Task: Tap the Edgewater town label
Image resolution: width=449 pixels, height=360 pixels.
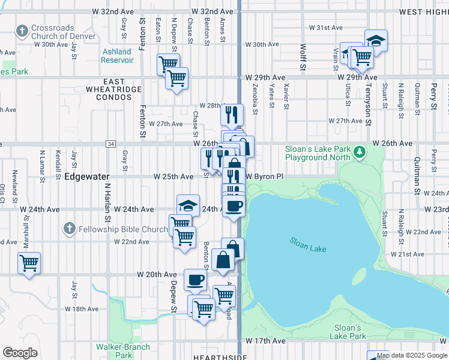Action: pyautogui.click(x=86, y=177)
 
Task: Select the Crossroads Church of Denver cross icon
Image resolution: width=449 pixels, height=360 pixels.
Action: pyautogui.click(x=22, y=31)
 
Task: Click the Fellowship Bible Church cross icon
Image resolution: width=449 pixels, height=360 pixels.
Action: pyautogui.click(x=70, y=229)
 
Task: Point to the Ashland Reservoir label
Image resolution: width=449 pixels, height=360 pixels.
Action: pyautogui.click(x=117, y=56)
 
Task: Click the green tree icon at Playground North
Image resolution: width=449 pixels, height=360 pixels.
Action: pyautogui.click(x=360, y=152)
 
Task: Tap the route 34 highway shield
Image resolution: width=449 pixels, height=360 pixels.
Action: pyautogui.click(x=110, y=144)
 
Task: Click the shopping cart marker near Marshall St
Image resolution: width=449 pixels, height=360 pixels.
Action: pyautogui.click(x=29, y=262)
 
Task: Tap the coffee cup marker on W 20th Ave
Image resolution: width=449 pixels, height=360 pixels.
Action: pyautogui.click(x=195, y=279)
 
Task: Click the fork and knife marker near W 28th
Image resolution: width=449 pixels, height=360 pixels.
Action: pyautogui.click(x=232, y=113)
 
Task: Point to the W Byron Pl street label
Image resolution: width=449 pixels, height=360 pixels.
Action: pyautogui.click(x=264, y=177)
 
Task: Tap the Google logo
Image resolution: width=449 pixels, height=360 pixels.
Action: pyautogui.click(x=20, y=353)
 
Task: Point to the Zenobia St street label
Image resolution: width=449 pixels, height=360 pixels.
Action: pyautogui.click(x=255, y=99)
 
